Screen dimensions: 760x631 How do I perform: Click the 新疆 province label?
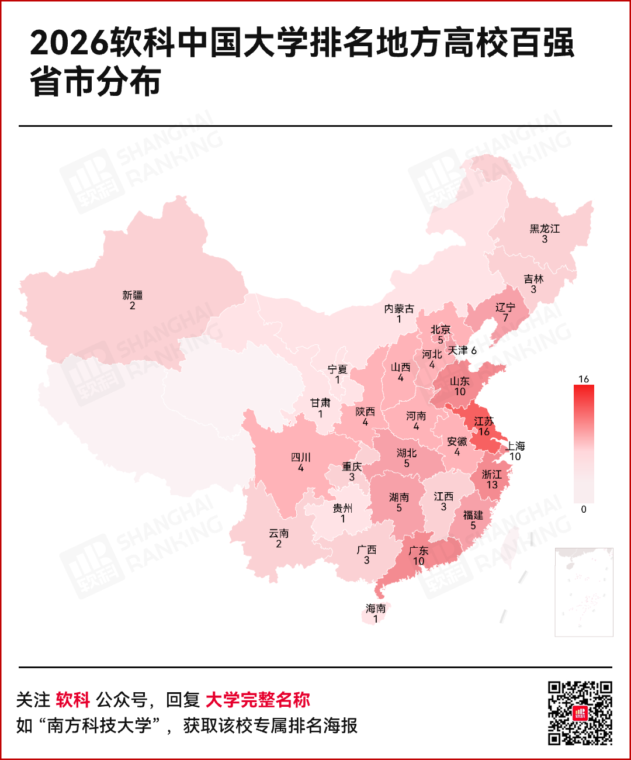(x=133, y=295)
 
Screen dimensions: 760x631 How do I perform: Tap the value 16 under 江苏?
(x=484, y=432)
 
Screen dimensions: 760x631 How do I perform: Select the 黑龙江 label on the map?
(x=545, y=229)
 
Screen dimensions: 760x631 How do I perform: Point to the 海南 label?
(x=376, y=609)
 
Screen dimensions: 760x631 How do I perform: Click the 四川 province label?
(x=301, y=457)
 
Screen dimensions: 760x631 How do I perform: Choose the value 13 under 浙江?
(x=492, y=485)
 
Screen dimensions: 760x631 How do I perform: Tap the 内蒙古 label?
(x=399, y=309)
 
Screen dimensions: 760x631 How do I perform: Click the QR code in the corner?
(x=580, y=713)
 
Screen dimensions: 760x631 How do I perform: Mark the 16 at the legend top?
(x=583, y=379)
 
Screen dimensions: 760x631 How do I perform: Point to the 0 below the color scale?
(x=583, y=509)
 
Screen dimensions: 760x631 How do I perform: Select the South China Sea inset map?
(x=584, y=592)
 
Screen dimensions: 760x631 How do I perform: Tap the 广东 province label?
(x=418, y=551)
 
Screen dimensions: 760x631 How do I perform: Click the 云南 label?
(x=279, y=533)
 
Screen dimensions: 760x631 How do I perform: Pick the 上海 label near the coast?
(x=515, y=446)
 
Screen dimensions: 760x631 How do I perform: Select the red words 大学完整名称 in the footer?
(x=258, y=699)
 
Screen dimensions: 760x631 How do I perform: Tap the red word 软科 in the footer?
(x=73, y=699)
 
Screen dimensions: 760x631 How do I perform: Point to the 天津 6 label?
(x=462, y=350)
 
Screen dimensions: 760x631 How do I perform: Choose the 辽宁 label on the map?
(x=505, y=307)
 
